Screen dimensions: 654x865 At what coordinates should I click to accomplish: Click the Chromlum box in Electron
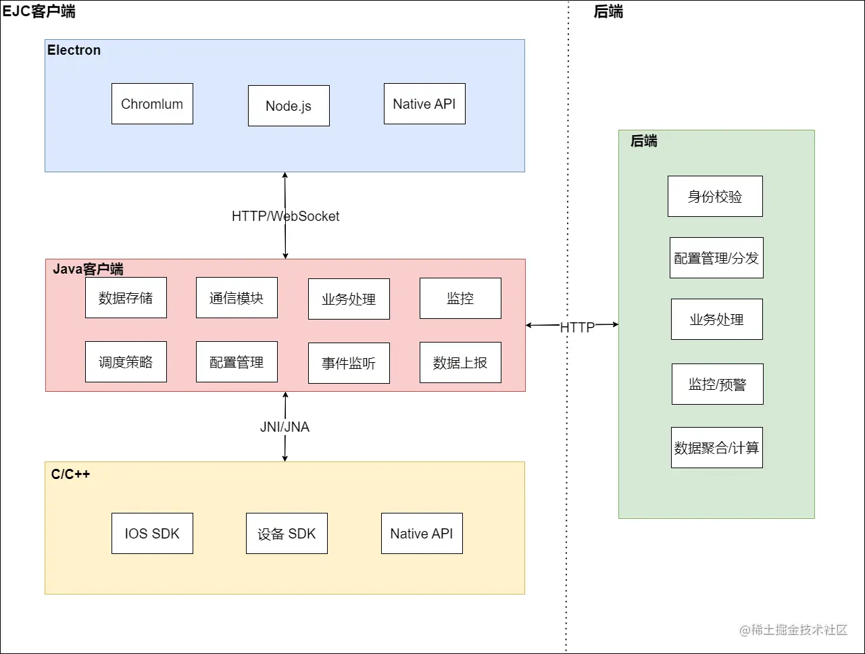[x=152, y=103]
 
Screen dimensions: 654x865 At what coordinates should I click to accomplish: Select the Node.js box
[x=289, y=105]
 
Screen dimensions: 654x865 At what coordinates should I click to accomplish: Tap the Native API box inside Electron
[x=424, y=103]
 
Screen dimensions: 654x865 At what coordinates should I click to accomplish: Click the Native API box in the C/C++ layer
[x=422, y=533]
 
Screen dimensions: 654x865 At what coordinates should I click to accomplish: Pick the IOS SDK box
[x=152, y=533]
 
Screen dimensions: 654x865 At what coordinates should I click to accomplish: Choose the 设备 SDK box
[x=287, y=533]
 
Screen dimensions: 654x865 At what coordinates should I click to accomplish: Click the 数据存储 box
[x=126, y=297]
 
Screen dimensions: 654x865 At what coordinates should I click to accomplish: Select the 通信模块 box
[x=237, y=297]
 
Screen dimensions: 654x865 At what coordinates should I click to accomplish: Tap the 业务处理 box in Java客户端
[x=349, y=299]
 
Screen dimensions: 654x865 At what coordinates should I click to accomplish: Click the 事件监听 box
[x=349, y=363]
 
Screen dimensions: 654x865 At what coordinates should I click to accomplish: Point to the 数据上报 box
[x=460, y=362]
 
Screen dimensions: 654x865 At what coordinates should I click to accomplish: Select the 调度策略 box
[x=126, y=361]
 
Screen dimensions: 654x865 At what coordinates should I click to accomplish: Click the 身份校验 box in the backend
[x=715, y=196]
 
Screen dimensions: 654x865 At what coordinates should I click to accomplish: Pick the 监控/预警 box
[x=717, y=384]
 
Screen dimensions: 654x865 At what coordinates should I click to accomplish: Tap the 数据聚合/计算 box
[x=716, y=447]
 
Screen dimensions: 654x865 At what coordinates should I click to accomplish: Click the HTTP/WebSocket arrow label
[x=285, y=216]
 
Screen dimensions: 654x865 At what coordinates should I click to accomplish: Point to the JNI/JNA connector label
[x=285, y=427]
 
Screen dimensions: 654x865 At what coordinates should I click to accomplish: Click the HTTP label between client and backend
[x=577, y=327]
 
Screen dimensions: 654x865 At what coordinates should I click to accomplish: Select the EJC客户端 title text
[x=39, y=11]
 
